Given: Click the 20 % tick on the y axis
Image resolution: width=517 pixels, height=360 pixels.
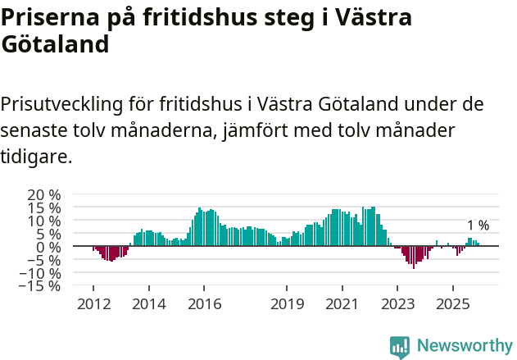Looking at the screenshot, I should pyautogui.click(x=44, y=194).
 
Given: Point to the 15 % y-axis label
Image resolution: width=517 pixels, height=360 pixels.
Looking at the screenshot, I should pyautogui.click(x=44, y=207).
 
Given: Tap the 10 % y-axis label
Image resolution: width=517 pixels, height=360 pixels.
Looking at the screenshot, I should pyautogui.click(x=44, y=221).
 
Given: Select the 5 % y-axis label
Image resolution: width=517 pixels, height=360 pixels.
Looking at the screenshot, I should pyautogui.click(x=48, y=234).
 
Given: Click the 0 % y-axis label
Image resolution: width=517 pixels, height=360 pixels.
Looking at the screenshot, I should pyautogui.click(x=48, y=247).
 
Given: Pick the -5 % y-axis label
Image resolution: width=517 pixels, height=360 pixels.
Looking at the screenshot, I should pyautogui.click(x=45, y=260).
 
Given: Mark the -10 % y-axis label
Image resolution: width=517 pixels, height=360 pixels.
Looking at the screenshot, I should pyautogui.click(x=42, y=273).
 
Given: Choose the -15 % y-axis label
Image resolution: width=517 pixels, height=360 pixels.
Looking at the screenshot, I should pyautogui.click(x=42, y=286).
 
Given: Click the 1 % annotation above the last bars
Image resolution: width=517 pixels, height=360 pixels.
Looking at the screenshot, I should pyautogui.click(x=478, y=226).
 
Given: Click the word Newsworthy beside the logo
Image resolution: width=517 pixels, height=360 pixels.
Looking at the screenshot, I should pyautogui.click(x=465, y=346).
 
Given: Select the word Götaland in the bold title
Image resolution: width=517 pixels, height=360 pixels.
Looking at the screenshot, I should pyautogui.click(x=55, y=44).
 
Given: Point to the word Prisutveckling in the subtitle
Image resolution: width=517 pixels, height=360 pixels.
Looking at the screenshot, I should pyautogui.click(x=62, y=106).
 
